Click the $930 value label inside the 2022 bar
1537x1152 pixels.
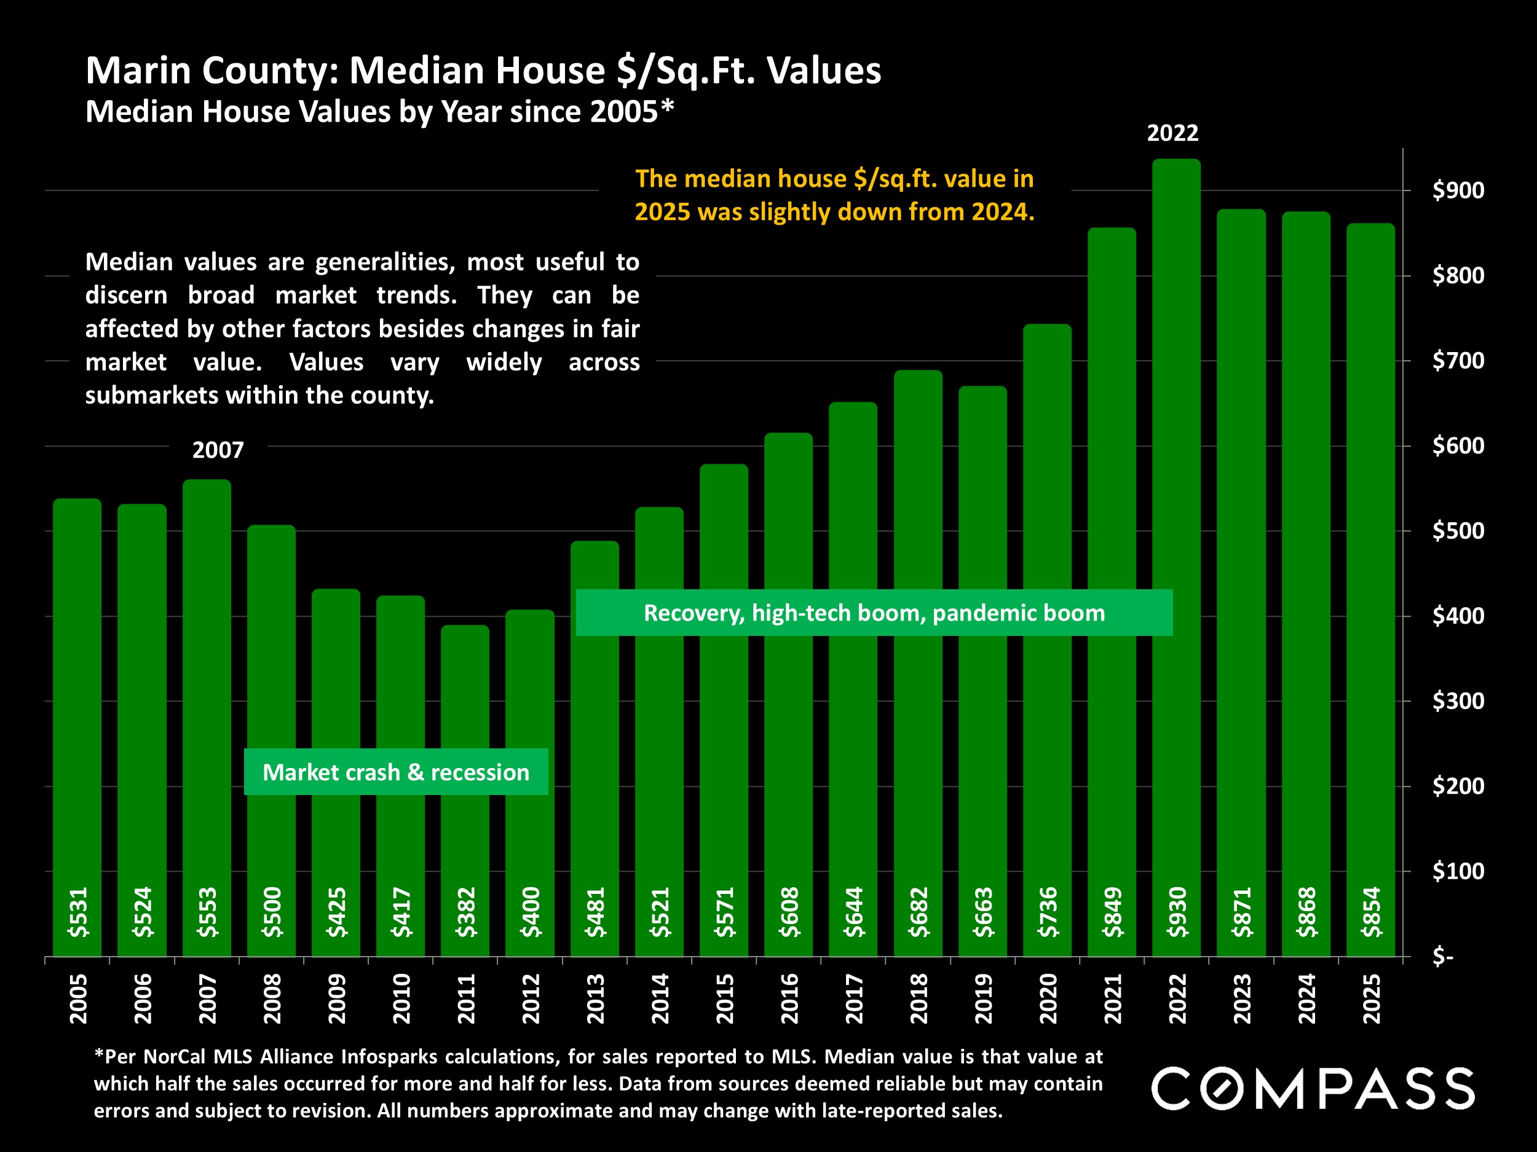tap(1177, 912)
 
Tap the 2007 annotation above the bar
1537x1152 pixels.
tap(218, 450)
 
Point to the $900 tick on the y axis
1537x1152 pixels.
tap(1458, 190)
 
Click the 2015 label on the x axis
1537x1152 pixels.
tap(725, 998)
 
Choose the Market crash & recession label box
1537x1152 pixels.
tap(395, 772)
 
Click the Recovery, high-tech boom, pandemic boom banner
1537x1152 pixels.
tap(874, 613)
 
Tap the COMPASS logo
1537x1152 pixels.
tap(1313, 1089)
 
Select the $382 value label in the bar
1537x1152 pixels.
tap(465, 912)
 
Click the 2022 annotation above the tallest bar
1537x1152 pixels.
tap(1172, 133)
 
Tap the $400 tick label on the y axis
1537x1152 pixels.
tap(1458, 616)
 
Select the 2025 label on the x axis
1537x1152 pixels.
tap(1372, 998)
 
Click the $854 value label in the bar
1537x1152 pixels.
tap(1372, 912)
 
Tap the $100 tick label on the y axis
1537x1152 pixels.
tap(1458, 871)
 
